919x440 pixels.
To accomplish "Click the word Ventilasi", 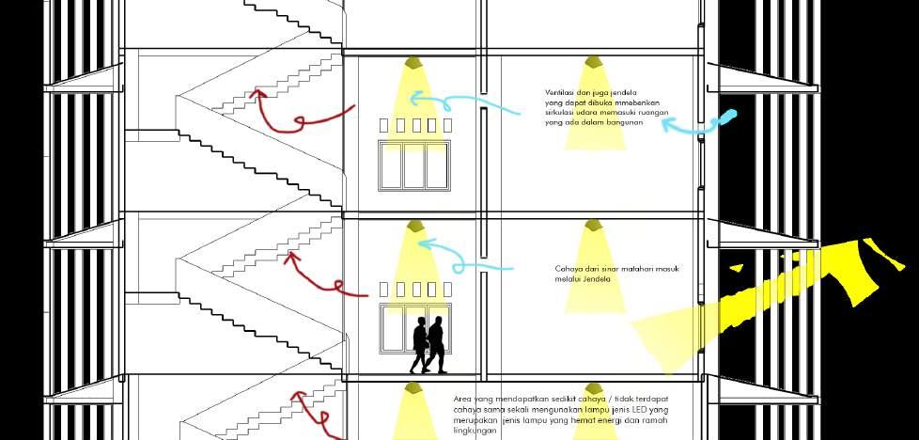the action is coord(559,92).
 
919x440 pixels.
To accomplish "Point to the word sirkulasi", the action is coord(561,113).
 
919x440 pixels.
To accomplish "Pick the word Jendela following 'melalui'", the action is coord(597,279).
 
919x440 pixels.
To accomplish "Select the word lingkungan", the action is coord(475,431).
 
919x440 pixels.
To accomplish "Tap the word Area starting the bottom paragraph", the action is coord(461,400).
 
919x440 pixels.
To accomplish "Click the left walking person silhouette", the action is coord(419,346).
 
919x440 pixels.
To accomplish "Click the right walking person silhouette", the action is coord(436,345).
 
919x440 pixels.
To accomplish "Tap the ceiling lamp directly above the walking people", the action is coord(413,228).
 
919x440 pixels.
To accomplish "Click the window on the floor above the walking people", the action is coord(414,165).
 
